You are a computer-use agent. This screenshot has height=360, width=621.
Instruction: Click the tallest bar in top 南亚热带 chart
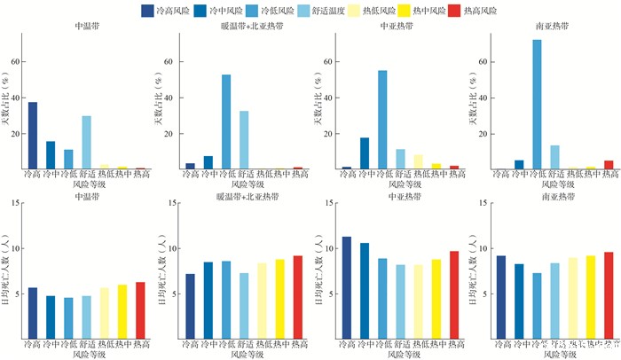pyautogui.click(x=537, y=104)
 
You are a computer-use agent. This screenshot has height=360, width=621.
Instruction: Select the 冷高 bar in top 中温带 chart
pyautogui.click(x=33, y=135)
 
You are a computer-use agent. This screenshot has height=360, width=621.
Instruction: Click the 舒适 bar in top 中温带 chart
pyautogui.click(x=87, y=142)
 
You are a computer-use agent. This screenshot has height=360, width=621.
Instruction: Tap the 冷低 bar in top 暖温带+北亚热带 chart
pyautogui.click(x=226, y=121)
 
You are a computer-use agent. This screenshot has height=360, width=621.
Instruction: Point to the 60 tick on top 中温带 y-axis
pyautogui.click(x=15, y=62)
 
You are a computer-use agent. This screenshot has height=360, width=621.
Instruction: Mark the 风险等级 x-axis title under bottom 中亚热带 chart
pyautogui.click(x=398, y=355)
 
